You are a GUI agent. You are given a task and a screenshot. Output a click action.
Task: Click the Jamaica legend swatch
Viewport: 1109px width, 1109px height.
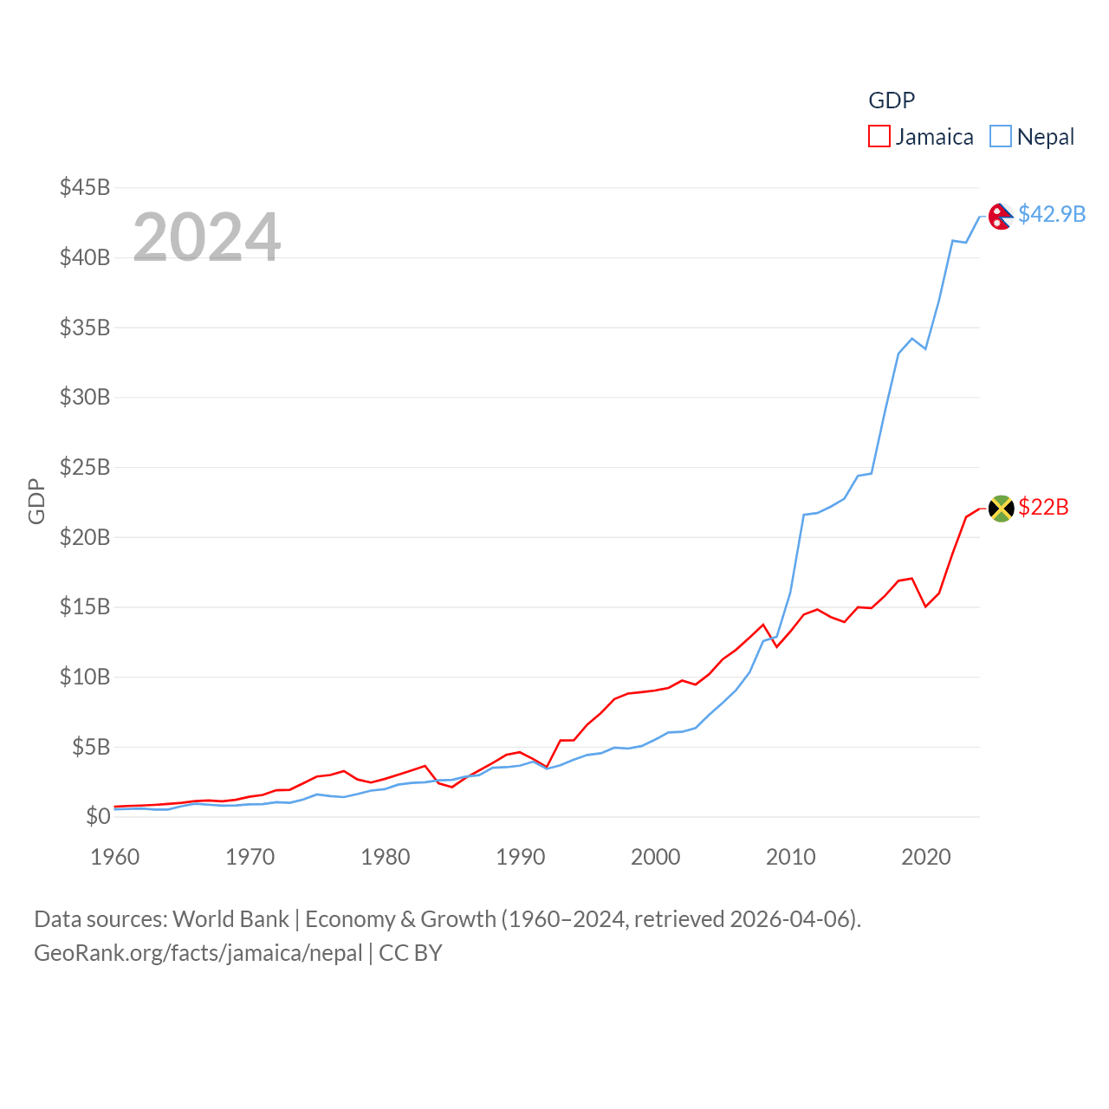[879, 137]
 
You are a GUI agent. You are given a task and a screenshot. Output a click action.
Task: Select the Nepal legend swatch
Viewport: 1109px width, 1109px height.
[1001, 137]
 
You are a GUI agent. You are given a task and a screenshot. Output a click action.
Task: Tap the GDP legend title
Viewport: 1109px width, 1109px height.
[892, 101]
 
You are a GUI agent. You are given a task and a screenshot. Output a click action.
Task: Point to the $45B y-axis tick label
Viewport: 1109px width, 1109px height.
[85, 187]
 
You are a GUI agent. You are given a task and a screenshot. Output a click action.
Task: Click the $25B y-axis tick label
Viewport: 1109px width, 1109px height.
[85, 467]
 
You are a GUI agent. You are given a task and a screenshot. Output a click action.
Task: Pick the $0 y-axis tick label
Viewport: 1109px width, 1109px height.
[98, 816]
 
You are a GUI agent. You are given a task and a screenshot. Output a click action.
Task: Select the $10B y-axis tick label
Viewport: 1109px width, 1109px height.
[85, 677]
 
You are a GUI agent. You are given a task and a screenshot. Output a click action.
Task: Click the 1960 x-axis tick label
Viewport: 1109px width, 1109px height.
[115, 857]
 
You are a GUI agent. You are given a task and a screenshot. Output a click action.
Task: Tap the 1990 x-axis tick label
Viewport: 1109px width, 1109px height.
[521, 857]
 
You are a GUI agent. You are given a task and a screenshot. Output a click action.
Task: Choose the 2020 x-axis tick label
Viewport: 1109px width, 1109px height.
[926, 857]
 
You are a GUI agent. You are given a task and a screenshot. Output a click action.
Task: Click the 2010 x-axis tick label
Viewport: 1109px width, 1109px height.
[791, 857]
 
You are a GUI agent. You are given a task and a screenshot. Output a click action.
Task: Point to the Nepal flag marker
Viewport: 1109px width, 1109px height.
[1001, 216]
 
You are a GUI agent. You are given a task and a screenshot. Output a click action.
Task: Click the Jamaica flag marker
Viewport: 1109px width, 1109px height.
[1001, 509]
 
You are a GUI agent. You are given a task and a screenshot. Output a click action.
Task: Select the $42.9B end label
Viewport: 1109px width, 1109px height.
[1052, 214]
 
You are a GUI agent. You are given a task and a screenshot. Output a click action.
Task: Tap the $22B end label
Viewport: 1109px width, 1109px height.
[1043, 507]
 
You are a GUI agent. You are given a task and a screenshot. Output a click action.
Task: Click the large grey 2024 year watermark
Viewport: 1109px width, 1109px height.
[207, 237]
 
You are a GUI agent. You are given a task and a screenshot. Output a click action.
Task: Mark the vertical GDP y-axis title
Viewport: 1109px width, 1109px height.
[36, 501]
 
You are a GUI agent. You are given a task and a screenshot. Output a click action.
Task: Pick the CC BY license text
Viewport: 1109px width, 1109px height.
[411, 953]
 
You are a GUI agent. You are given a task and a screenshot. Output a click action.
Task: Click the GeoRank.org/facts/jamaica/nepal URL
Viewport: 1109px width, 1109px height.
[198, 953]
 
